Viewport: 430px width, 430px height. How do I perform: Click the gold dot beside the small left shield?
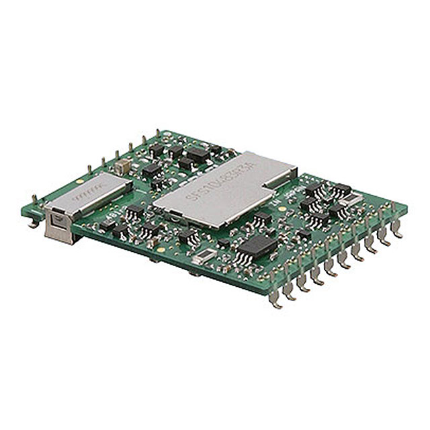coord(80,181)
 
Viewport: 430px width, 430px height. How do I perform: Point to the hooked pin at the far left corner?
coord(33,222)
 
